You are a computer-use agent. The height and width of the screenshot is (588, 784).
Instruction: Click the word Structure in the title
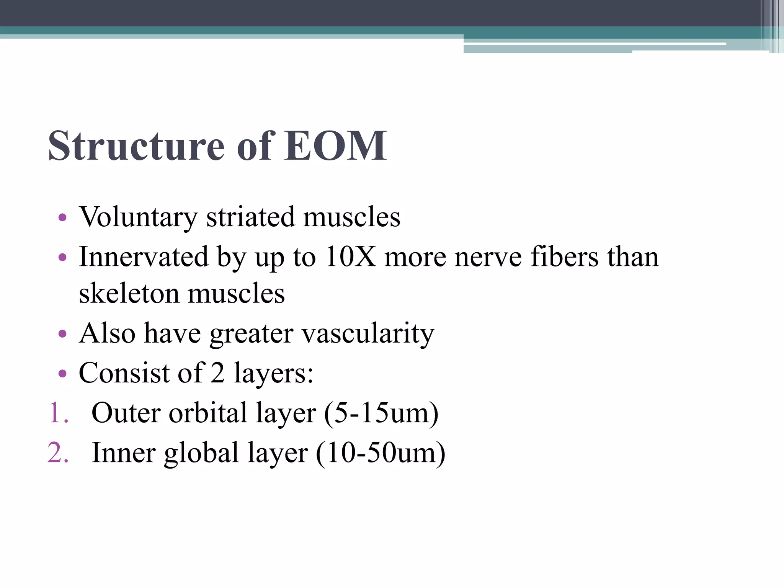coord(136,146)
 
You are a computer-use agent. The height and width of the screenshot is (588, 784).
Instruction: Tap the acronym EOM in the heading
coord(335,146)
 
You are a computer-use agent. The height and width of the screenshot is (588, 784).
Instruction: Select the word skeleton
coord(129,294)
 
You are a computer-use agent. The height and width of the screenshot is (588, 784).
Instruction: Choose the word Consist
coord(124,373)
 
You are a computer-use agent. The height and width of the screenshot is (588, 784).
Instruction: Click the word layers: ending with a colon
coord(273,374)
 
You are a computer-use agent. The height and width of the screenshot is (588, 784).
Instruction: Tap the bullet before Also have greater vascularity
coord(62,334)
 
